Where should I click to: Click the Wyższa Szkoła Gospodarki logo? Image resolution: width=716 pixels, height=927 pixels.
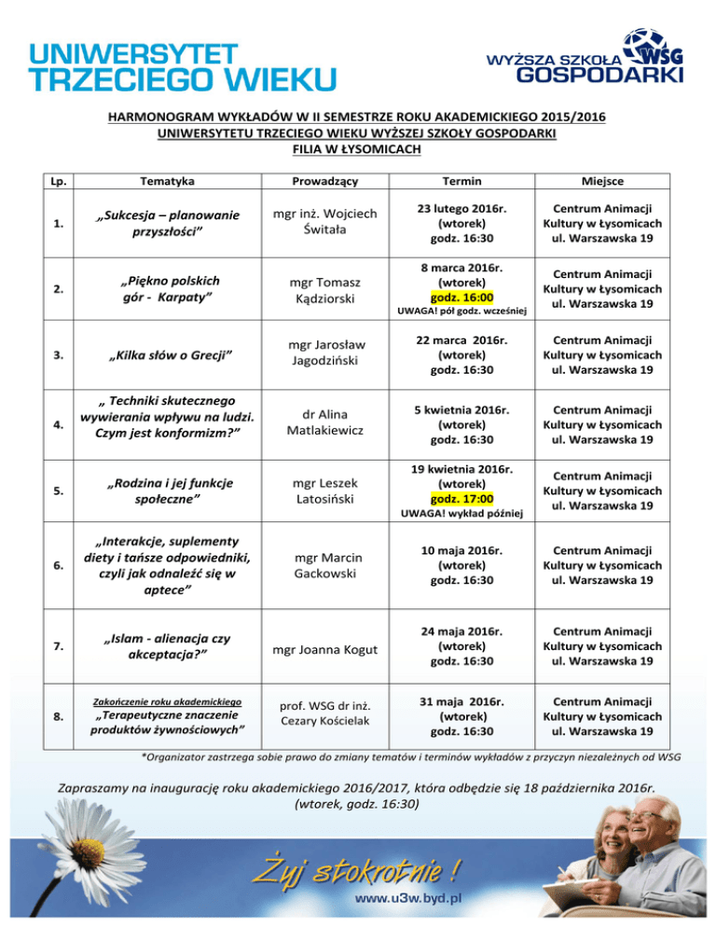(585, 58)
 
